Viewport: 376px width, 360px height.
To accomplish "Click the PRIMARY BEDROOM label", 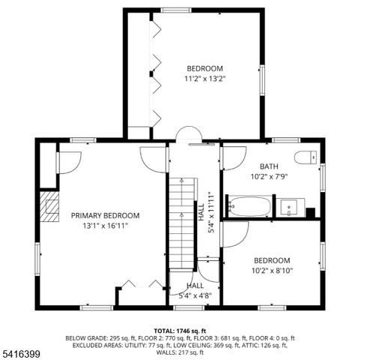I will click(x=105, y=215).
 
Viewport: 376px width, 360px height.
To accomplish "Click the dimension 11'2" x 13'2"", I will click(x=205, y=78).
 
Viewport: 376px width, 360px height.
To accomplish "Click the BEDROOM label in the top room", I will click(x=205, y=68).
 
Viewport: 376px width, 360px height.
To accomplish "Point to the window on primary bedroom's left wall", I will click(x=37, y=259).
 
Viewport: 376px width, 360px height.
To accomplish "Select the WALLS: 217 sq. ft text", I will click(x=184, y=352).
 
